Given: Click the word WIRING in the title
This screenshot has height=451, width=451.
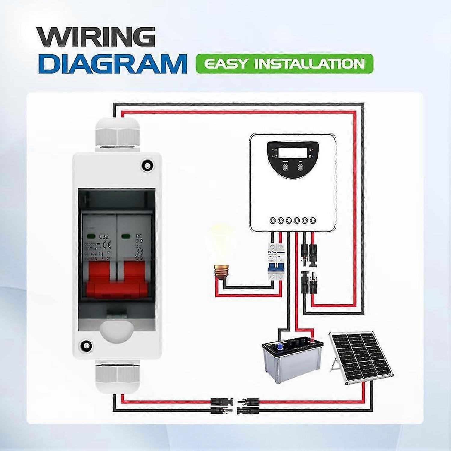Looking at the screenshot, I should (96, 37).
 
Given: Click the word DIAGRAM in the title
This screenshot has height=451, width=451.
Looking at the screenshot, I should (112, 63).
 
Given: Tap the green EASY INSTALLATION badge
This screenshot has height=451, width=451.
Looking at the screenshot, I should (284, 64).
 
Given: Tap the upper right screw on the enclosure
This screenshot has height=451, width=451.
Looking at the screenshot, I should (147, 165).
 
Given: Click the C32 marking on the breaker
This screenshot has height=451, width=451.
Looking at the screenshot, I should (103, 237).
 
